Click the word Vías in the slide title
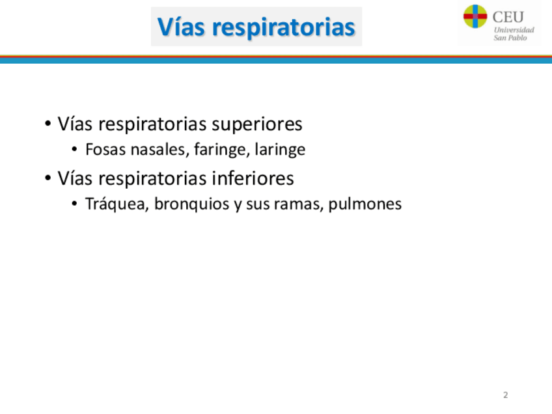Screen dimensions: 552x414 click(180, 27)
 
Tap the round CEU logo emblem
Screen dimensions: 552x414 click(475, 16)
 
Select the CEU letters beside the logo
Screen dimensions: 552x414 click(508, 17)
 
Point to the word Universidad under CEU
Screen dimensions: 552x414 click(514, 30)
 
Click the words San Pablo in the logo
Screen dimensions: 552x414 click(510, 38)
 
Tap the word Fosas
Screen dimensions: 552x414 click(105, 149)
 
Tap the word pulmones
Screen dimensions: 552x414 click(365, 204)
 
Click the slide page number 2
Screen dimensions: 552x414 click(506, 395)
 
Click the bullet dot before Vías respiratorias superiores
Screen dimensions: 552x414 click(48, 124)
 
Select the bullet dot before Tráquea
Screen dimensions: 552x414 click(74, 204)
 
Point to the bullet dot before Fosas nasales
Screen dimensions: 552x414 click(74, 149)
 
